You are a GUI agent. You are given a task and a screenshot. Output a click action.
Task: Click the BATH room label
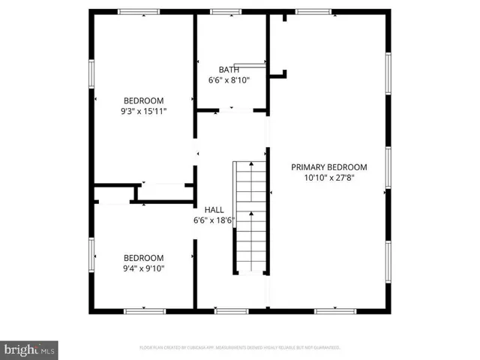pyautogui.click(x=229, y=69)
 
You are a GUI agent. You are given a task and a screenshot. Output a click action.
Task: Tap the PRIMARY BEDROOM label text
pyautogui.click(x=329, y=167)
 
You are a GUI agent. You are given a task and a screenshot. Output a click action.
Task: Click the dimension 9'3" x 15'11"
pyautogui.click(x=144, y=111)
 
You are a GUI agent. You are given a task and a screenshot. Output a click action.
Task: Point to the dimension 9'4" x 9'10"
pyautogui.click(x=143, y=268)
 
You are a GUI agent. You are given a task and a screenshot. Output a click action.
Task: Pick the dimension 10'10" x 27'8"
pyautogui.click(x=329, y=178)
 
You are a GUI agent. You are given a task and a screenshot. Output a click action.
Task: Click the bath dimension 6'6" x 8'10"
pyautogui.click(x=229, y=79)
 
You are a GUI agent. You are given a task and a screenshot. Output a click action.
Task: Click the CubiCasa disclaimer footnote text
pyautogui.click(x=240, y=348)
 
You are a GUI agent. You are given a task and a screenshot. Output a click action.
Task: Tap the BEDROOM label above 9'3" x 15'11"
pyautogui.click(x=144, y=100)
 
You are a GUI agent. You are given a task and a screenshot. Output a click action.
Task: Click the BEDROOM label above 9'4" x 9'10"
pyautogui.click(x=143, y=257)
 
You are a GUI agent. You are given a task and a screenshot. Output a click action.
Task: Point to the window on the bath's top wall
pyautogui.click(x=220, y=11)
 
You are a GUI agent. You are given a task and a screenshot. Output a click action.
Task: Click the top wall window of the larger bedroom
pyautogui.click(x=139, y=11)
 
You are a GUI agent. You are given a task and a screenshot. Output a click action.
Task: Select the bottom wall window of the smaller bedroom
pyautogui.click(x=145, y=310)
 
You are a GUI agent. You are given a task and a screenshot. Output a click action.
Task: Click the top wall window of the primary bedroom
pyautogui.click(x=313, y=11)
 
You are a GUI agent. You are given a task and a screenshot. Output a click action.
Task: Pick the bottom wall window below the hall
pyautogui.click(x=226, y=310)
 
